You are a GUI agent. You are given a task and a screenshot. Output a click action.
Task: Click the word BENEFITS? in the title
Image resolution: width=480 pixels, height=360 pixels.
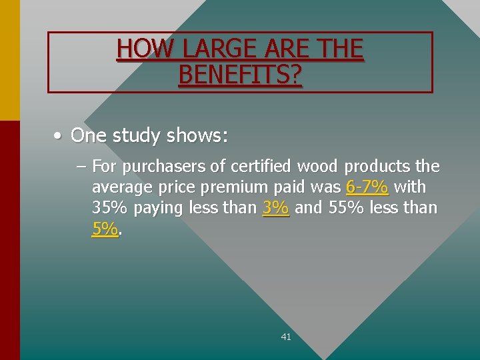point(240,75)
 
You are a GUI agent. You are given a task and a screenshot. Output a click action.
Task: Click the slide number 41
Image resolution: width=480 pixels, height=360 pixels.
point(286,337)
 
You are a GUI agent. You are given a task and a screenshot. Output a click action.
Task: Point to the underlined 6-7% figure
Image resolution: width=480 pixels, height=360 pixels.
point(367,187)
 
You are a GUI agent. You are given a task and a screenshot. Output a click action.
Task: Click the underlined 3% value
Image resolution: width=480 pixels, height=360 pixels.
point(276,208)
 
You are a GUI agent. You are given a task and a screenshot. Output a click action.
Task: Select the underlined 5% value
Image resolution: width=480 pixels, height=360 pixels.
point(105,229)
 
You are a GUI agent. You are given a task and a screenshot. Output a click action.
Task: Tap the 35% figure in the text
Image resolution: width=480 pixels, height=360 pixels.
point(110,208)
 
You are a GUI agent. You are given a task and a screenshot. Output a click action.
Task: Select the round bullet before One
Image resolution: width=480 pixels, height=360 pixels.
point(59,136)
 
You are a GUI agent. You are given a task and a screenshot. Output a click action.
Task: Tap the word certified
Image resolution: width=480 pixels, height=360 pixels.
point(261,165)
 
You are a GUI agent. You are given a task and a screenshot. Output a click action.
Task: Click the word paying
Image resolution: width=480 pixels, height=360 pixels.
point(158,209)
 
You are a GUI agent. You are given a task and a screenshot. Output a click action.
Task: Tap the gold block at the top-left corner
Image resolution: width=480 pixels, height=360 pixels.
point(9,60)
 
